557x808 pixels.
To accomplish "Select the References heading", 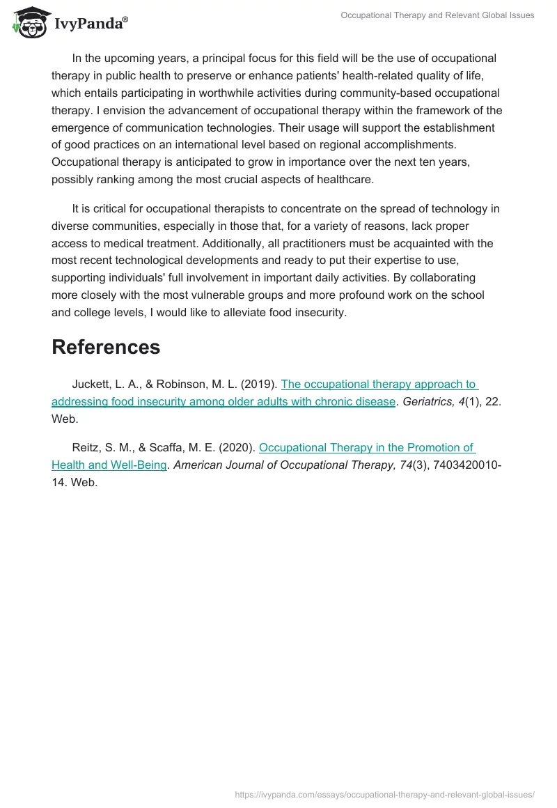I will [106, 347].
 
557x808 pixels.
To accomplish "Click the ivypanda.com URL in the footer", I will [384, 794].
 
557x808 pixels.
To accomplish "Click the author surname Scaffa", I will [164, 447].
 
